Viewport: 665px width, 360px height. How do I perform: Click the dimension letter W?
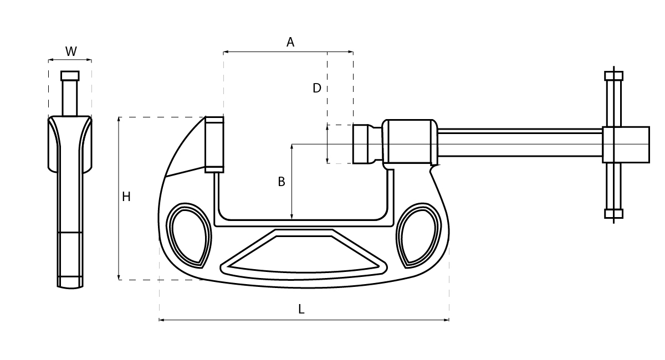pyautogui.click(x=71, y=52)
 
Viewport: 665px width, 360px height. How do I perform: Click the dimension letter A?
pyautogui.click(x=290, y=42)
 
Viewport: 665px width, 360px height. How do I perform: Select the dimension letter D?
pyautogui.click(x=317, y=88)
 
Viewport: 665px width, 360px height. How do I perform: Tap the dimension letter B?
pyautogui.click(x=282, y=182)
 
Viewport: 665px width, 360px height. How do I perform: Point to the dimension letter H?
pyautogui.click(x=126, y=197)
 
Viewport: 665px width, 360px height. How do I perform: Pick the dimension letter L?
pyautogui.click(x=301, y=309)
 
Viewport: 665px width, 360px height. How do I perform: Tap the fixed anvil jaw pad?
pyautogui.click(x=214, y=145)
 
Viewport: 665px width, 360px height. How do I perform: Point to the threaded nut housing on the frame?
pyautogui.click(x=410, y=142)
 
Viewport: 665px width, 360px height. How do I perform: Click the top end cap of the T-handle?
pyautogui.click(x=613, y=76)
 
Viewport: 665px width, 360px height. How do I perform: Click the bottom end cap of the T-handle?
pyautogui.click(x=613, y=214)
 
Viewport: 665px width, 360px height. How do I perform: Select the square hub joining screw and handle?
pyautogui.click(x=626, y=145)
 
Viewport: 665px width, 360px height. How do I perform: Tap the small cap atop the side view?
pyautogui.click(x=70, y=76)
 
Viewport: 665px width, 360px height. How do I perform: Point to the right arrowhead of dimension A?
pyautogui.click(x=351, y=52)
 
